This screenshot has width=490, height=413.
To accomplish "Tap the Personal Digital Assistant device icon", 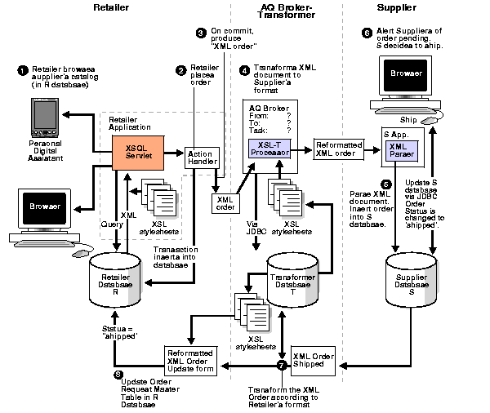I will tap(42, 118).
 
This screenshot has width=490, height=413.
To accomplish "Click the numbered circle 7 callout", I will tap(282, 366).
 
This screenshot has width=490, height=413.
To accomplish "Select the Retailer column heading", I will tap(111, 8).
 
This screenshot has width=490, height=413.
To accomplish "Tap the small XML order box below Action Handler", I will tap(225, 202).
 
